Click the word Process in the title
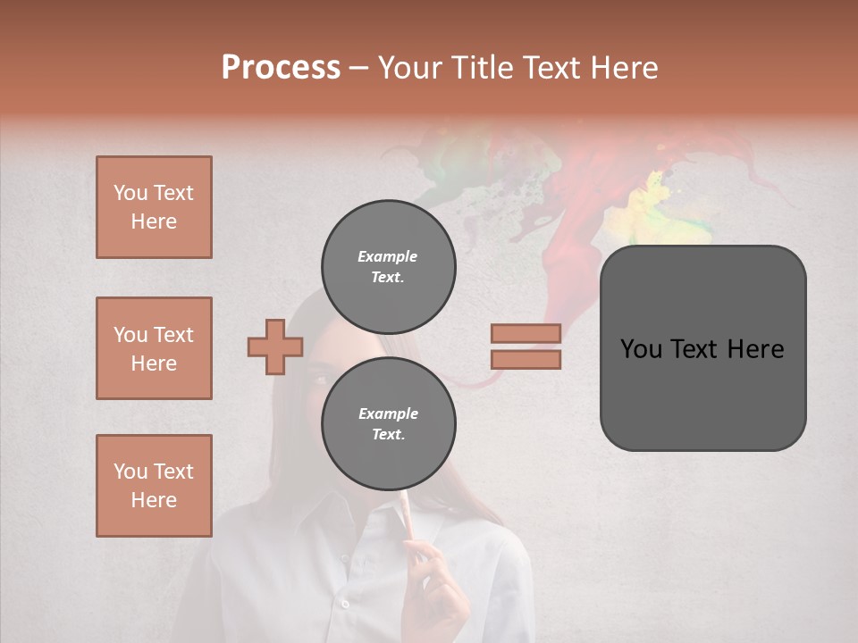pos(281,68)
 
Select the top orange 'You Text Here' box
pos(154,207)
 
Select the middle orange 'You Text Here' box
pos(154,348)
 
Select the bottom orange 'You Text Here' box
pos(154,486)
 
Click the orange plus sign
pos(275,346)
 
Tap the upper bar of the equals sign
pos(526,333)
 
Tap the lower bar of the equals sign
pos(526,359)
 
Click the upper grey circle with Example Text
pos(389,267)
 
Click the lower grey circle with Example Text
pos(389,424)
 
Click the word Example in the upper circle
pos(387,256)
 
